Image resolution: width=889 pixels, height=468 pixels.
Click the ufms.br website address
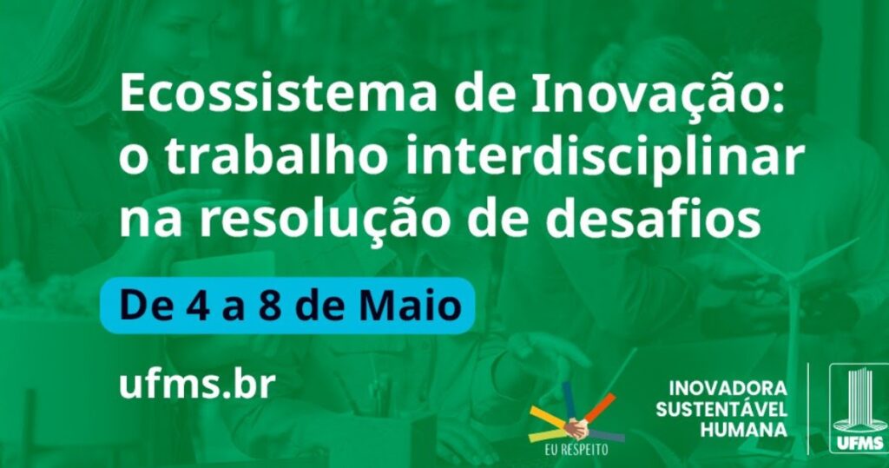(197, 384)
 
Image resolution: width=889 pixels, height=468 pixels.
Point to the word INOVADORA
(728, 389)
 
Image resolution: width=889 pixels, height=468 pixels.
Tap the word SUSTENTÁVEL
(721, 408)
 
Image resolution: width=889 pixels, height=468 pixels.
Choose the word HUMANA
(744, 430)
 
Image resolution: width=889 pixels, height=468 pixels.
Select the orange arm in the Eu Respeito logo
(599, 406)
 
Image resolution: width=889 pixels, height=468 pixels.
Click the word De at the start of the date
(143, 307)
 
